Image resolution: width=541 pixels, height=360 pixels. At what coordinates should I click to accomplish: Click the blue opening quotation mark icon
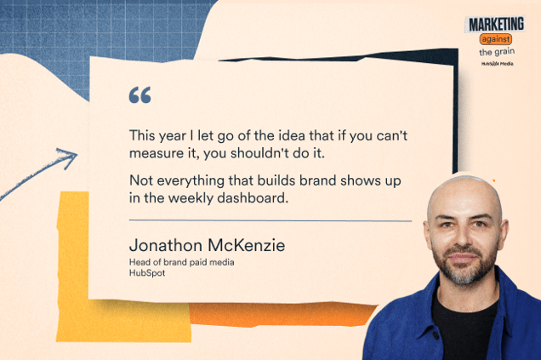point(140,95)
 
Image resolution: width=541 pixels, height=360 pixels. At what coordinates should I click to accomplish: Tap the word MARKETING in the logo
point(495,24)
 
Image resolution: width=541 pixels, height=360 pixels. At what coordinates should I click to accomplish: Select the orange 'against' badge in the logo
point(496,39)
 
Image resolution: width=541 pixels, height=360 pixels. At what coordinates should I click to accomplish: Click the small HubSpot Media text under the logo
point(495,63)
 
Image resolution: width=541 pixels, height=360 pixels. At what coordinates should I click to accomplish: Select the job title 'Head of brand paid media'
point(181,262)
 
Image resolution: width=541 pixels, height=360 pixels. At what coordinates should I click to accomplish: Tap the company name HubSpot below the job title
point(145,273)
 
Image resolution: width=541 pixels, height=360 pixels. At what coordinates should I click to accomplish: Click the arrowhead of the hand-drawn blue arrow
point(69,156)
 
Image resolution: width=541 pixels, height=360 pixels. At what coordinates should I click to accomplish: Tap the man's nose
point(464,241)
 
